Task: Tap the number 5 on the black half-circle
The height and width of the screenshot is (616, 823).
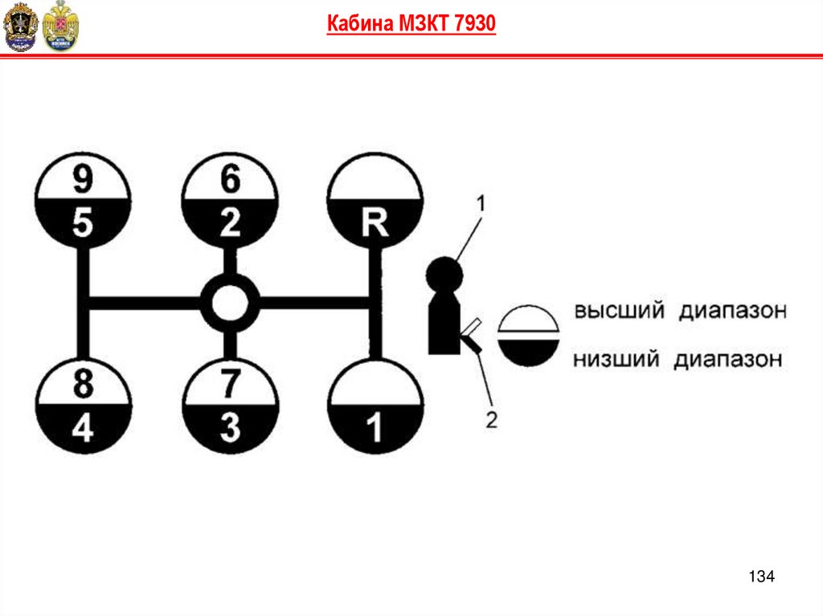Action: pyautogui.click(x=82, y=223)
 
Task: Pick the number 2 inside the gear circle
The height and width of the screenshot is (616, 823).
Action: pyautogui.click(x=230, y=223)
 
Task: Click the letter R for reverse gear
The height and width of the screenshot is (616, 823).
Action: pyautogui.click(x=375, y=223)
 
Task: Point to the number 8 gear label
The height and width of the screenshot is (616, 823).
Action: pyautogui.click(x=82, y=386)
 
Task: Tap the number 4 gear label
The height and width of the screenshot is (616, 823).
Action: pyautogui.click(x=82, y=429)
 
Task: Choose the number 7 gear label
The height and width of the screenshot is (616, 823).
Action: pyautogui.click(x=230, y=386)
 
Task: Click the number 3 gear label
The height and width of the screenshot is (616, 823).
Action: pyautogui.click(x=230, y=429)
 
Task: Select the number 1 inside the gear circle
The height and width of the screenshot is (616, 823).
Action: pyautogui.click(x=375, y=429)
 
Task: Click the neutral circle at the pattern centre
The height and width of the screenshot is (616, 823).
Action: pyautogui.click(x=229, y=304)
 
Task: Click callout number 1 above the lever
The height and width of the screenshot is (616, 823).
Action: pyautogui.click(x=481, y=204)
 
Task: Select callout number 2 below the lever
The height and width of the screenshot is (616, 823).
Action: pyautogui.click(x=491, y=418)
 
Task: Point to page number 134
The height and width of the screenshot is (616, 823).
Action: pyautogui.click(x=760, y=576)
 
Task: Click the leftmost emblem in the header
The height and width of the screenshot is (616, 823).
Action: pyautogui.click(x=20, y=27)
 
